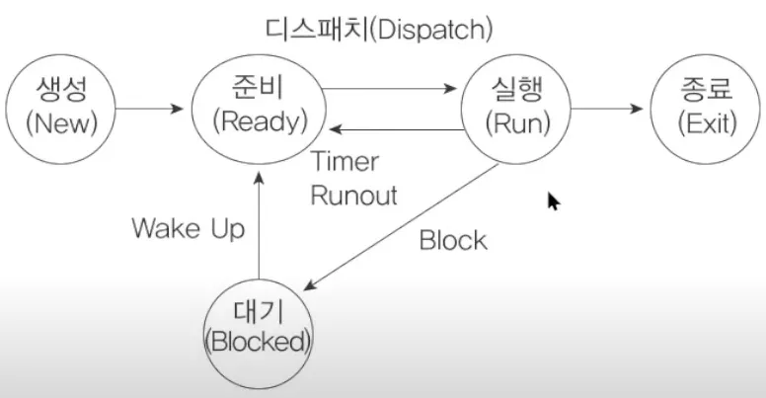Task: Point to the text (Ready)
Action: pos(260,122)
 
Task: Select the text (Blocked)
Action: pos(258,342)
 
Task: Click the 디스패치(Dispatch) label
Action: pos(381,28)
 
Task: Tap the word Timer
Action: pos(345,162)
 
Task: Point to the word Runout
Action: pos(353,195)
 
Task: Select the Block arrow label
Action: pos(453,240)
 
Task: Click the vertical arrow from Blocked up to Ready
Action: pos(258,228)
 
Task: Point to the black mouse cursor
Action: pos(554,201)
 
